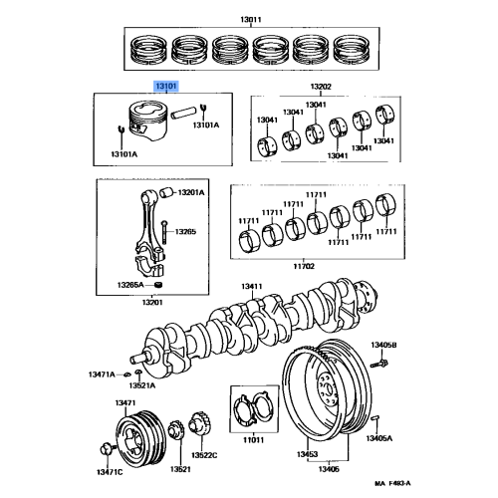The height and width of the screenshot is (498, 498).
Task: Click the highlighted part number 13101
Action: pos(164,88)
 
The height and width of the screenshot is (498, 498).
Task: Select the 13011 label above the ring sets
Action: pos(250,19)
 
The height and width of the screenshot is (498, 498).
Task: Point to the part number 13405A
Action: pos(378,438)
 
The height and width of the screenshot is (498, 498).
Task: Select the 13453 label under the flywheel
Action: pos(306,453)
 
